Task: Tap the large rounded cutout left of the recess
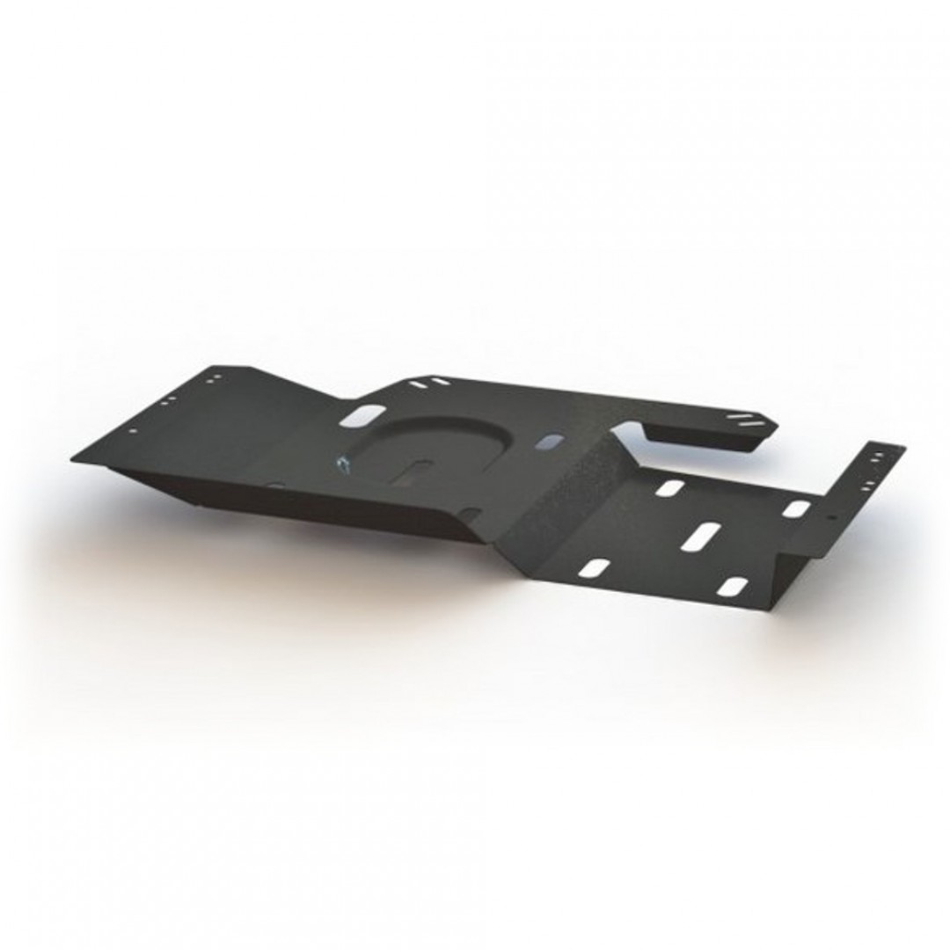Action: click(366, 414)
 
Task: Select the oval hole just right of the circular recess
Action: click(551, 439)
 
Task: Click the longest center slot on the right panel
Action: click(701, 535)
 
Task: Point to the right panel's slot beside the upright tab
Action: click(796, 508)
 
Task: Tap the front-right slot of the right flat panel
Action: click(731, 587)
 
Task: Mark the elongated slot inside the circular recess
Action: click(413, 473)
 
